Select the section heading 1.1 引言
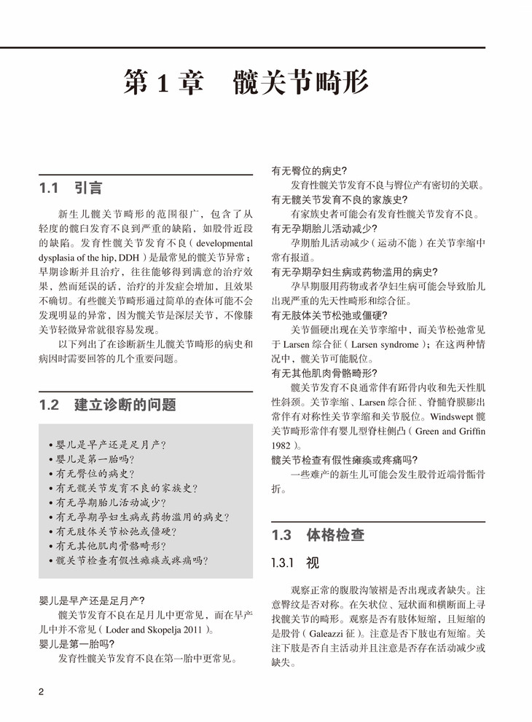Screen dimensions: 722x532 click(71, 188)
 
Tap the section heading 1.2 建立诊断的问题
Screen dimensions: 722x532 click(108, 405)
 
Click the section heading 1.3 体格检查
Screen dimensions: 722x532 click(318, 535)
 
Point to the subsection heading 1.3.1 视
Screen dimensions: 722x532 click(295, 563)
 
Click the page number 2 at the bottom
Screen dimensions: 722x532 click(41, 691)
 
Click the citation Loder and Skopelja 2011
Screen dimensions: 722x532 click(154, 629)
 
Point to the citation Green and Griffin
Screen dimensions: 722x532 click(451, 431)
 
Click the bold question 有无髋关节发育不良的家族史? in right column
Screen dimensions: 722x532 click(339, 199)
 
